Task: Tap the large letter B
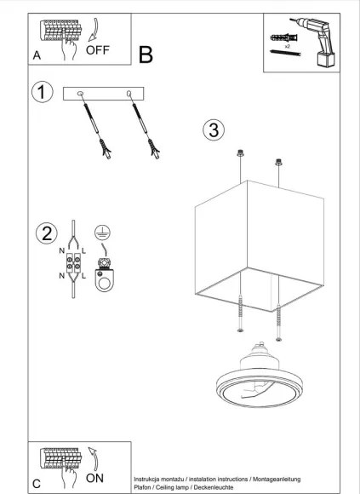pos(146,56)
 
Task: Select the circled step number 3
pos(213,130)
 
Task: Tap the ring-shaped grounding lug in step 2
pos(106,274)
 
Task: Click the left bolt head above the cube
pos(240,155)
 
